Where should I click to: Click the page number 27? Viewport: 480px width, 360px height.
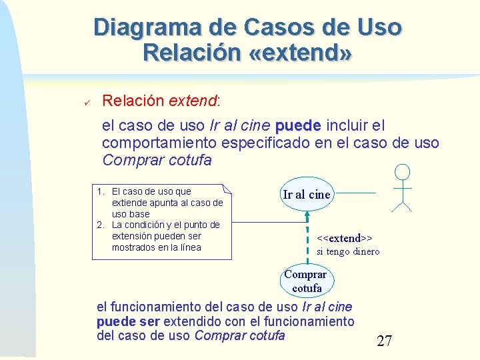click(384, 341)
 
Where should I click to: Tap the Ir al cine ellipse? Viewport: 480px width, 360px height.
click(306, 195)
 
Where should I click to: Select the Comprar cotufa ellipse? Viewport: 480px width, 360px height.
click(306, 281)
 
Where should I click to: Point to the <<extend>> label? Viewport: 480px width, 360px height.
click(344, 238)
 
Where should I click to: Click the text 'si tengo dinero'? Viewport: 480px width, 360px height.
click(348, 251)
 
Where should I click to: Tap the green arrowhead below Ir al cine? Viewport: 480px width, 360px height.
click(307, 215)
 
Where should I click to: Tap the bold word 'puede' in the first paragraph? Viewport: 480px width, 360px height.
click(298, 125)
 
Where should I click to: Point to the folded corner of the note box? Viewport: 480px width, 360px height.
click(226, 189)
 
